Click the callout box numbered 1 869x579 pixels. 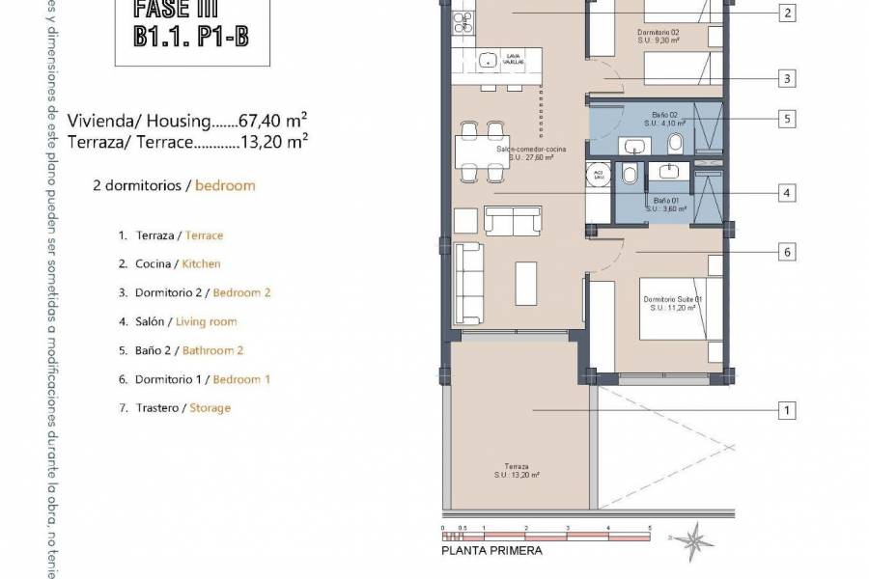click(789, 411)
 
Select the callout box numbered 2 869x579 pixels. click(789, 13)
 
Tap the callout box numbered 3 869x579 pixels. click(789, 78)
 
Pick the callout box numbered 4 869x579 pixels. click(789, 193)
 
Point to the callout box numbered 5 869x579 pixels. click(789, 120)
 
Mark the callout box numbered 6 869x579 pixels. click(789, 252)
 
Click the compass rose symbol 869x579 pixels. click(691, 538)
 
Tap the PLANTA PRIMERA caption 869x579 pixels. click(491, 551)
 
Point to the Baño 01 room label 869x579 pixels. click(666, 204)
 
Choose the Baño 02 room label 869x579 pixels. click(666, 119)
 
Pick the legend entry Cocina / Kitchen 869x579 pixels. click(169, 263)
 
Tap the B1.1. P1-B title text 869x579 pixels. click(186, 38)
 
